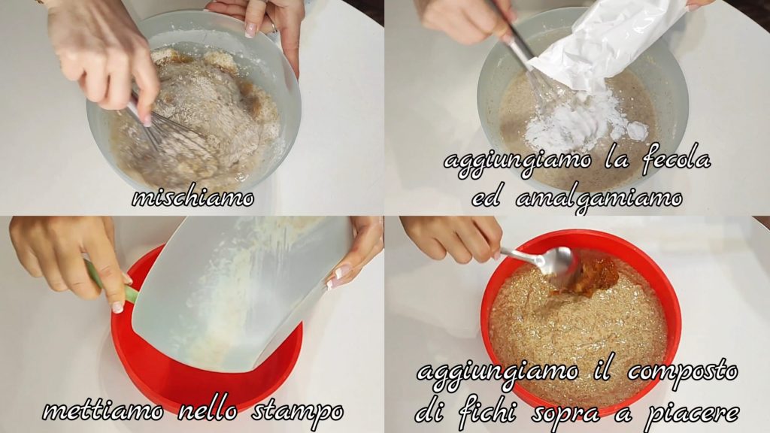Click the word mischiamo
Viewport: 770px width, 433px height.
pyautogui.click(x=193, y=198)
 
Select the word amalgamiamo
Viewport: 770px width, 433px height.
pyautogui.click(x=599, y=199)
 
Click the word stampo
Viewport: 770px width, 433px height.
pyautogui.click(x=298, y=412)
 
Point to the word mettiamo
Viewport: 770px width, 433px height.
pyautogui.click(x=102, y=410)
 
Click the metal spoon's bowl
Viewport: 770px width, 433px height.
pyautogui.click(x=557, y=260)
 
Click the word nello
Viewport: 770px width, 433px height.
pyautogui.click(x=208, y=410)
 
